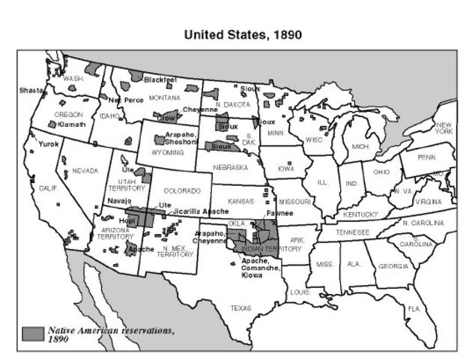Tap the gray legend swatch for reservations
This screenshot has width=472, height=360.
click(32, 333)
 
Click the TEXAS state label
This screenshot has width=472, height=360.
click(241, 308)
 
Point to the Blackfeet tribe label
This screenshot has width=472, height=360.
click(160, 79)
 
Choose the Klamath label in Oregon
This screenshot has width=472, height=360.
click(72, 124)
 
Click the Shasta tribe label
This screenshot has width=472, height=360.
click(31, 90)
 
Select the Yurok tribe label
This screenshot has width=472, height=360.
click(49, 144)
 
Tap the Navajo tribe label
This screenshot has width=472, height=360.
click(119, 201)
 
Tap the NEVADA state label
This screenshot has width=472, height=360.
click(85, 171)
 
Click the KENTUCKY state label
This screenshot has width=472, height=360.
click(361, 214)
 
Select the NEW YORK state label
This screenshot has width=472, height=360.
click(444, 127)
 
